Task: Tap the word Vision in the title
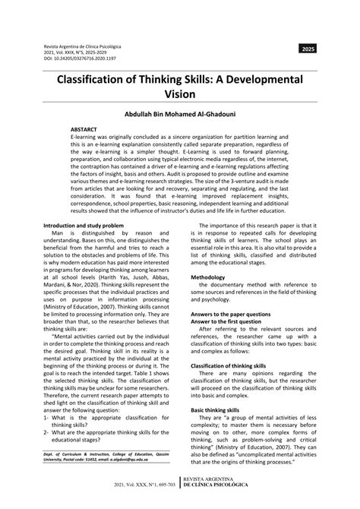tap(180, 96)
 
